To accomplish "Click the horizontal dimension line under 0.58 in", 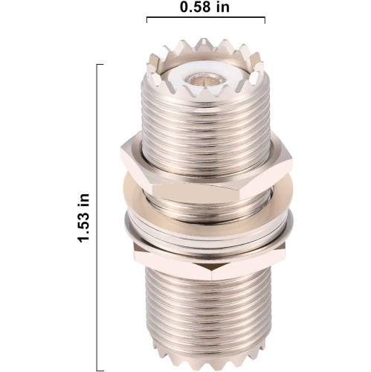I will [x=205, y=20].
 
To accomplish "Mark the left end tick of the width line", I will [x=146, y=20].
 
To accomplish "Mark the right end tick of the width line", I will [x=264, y=20].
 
